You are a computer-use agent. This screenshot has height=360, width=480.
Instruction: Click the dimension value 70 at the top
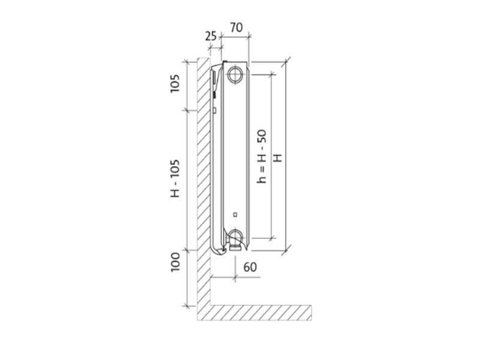coord(236,28)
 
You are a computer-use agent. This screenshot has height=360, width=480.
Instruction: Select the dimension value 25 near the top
coord(211,36)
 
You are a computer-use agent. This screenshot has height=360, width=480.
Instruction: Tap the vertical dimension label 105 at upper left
coord(175,83)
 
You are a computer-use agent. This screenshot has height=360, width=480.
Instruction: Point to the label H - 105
coord(175,178)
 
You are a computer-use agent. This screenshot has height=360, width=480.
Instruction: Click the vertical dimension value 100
coord(175,262)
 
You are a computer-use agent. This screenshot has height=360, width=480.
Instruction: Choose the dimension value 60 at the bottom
coord(250,267)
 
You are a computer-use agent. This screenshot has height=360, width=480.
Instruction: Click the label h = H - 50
coord(262,157)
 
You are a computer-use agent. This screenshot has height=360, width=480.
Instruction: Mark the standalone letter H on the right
coord(277,158)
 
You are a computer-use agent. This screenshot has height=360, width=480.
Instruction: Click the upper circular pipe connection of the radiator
coord(235,74)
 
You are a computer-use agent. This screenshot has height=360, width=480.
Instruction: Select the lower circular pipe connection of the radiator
coord(235,236)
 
